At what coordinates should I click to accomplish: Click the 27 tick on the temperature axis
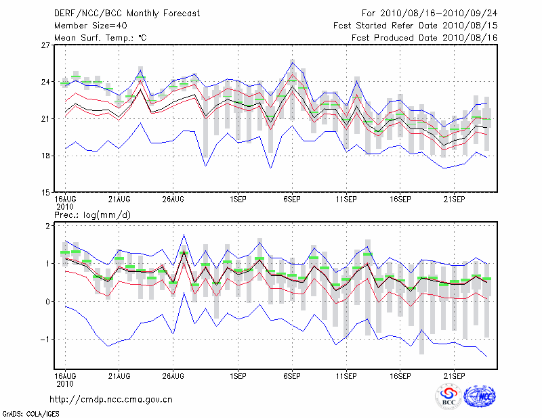[46, 45]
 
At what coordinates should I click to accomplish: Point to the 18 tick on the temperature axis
[46, 156]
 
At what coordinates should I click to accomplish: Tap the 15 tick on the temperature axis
[46, 192]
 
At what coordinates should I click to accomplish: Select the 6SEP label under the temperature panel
[292, 200]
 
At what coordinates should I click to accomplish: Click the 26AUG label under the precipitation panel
[173, 375]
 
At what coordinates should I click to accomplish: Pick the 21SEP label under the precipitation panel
[454, 375]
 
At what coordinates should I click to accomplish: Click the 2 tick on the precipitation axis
[47, 226]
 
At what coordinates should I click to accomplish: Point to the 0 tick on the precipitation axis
[47, 302]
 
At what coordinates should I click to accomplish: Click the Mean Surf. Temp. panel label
[100, 37]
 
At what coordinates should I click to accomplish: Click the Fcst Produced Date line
[425, 37]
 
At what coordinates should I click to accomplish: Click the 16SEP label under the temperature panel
[400, 200]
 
